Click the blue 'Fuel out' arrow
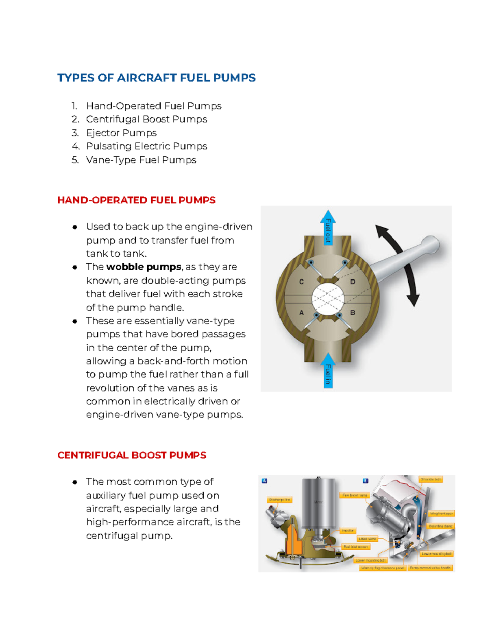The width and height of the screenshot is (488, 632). tap(328, 228)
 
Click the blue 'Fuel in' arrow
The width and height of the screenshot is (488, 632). tap(328, 371)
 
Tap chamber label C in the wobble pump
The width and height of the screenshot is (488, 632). tap(301, 282)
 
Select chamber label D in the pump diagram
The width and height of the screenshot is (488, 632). tap(353, 282)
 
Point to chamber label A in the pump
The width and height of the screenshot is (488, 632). tap(301, 313)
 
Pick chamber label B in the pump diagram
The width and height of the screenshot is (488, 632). tap(353, 313)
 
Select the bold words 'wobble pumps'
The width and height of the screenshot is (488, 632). tap(144, 267)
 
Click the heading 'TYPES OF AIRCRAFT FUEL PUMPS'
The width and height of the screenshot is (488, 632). tap(156, 78)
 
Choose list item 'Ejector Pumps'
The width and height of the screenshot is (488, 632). tap(121, 133)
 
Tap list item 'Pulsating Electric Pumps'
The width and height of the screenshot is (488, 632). tap(146, 147)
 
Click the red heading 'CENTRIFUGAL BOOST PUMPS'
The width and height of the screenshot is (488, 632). tap(132, 455)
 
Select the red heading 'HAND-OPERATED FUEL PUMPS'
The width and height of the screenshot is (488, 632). tap(136, 200)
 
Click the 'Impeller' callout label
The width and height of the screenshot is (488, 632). tap(348, 531)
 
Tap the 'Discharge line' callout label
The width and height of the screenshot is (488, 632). tap(279, 500)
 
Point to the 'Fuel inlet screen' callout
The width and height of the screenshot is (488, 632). tap(355, 547)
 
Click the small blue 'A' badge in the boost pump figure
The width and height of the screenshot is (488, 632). tap(264, 481)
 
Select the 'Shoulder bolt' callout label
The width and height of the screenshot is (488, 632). tap(431, 479)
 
